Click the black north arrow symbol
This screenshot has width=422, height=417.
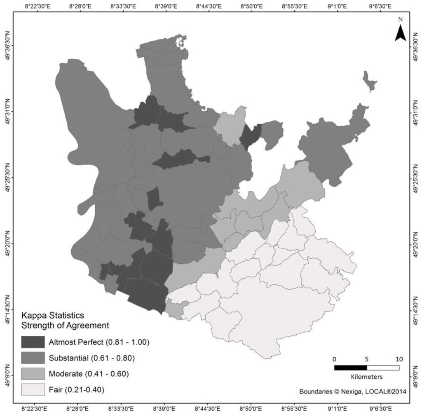coord(400,33)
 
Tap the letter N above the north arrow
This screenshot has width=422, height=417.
coord(400,19)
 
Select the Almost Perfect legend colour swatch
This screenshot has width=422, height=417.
coord(33,342)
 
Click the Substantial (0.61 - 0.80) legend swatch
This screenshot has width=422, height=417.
coord(33,357)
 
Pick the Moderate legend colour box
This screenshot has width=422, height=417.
coord(33,373)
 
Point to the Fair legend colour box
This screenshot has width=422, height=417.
coord(33,389)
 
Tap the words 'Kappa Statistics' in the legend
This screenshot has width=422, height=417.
coord(53,316)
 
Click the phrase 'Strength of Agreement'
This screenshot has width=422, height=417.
coord(65,326)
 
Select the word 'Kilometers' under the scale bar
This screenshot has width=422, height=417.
coord(367,377)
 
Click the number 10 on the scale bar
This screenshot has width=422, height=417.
coord(399,358)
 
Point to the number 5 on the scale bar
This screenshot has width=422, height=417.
coord(367,358)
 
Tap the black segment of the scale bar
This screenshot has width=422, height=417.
coord(350,368)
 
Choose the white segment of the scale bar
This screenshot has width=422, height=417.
coord(383,368)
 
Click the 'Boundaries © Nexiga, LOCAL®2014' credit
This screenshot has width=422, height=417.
coord(353,391)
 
